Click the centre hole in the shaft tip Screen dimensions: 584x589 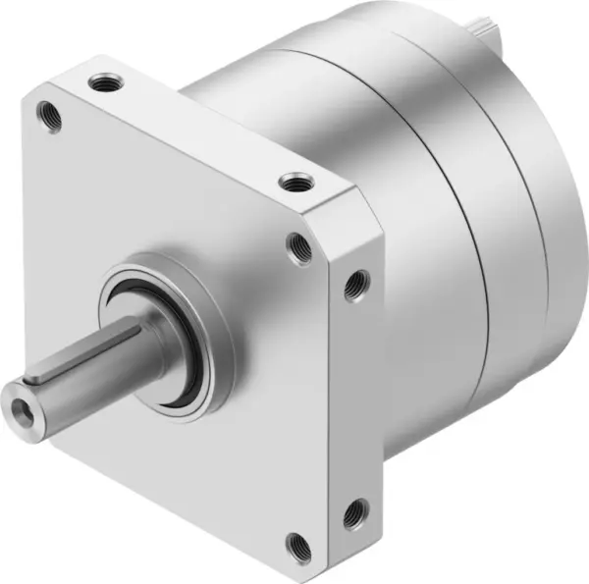point(23,402)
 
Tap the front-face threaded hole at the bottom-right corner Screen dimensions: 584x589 point(296,543)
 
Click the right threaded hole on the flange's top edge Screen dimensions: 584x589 point(292,181)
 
